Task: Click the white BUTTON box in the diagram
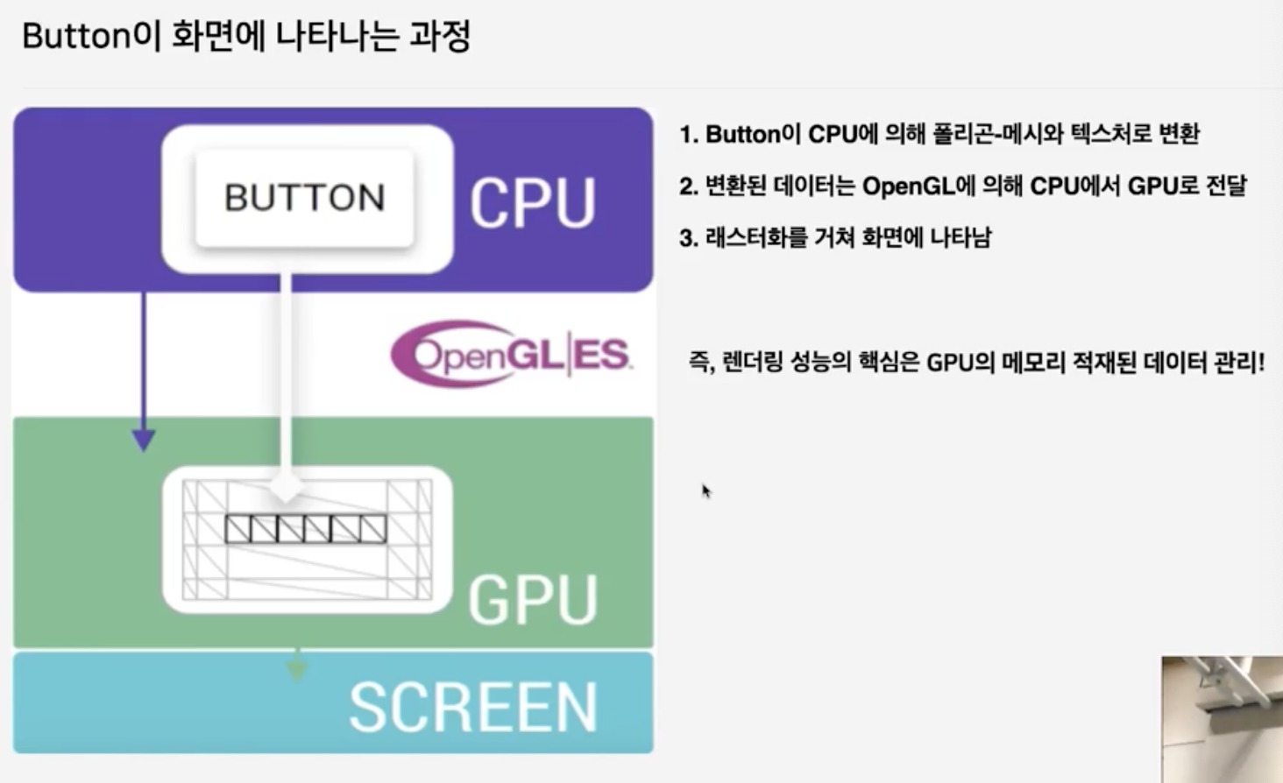[304, 198]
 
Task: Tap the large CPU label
[533, 203]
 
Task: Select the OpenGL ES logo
[511, 354]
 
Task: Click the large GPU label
[533, 600]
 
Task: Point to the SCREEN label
[473, 708]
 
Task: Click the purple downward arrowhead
[144, 440]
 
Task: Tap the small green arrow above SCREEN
[297, 670]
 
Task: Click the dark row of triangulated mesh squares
[306, 529]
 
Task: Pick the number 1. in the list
[689, 135]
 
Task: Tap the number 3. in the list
[689, 238]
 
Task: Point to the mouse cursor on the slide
[705, 490]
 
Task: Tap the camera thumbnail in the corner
[1223, 718]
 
